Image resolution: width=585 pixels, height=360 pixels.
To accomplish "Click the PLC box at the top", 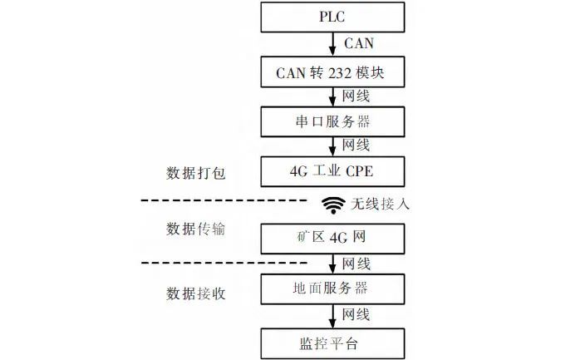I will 333,17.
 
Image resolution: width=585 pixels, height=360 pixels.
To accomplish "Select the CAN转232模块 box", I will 333,72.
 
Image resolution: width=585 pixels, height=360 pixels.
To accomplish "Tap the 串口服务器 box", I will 333,121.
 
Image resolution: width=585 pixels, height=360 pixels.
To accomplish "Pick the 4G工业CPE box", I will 333,172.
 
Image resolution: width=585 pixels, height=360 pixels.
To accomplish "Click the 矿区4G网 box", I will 333,238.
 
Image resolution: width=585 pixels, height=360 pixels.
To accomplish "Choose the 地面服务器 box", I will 333,289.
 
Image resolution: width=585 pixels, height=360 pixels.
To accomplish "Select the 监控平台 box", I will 333,341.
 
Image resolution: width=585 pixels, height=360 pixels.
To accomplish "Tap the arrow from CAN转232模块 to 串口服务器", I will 333,96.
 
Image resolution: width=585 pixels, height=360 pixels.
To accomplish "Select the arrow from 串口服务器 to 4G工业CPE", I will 333,146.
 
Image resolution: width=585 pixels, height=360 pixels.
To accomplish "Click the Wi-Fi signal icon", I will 333,203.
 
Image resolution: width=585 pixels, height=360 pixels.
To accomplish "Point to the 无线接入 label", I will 379,203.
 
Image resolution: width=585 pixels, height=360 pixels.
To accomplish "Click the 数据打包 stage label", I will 196,174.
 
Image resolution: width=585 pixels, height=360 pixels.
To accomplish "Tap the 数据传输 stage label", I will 196,229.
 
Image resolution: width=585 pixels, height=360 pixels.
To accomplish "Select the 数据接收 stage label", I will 196,293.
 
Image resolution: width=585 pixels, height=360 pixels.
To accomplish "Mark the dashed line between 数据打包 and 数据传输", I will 224,201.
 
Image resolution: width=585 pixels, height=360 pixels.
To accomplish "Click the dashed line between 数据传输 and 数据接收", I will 224,264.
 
